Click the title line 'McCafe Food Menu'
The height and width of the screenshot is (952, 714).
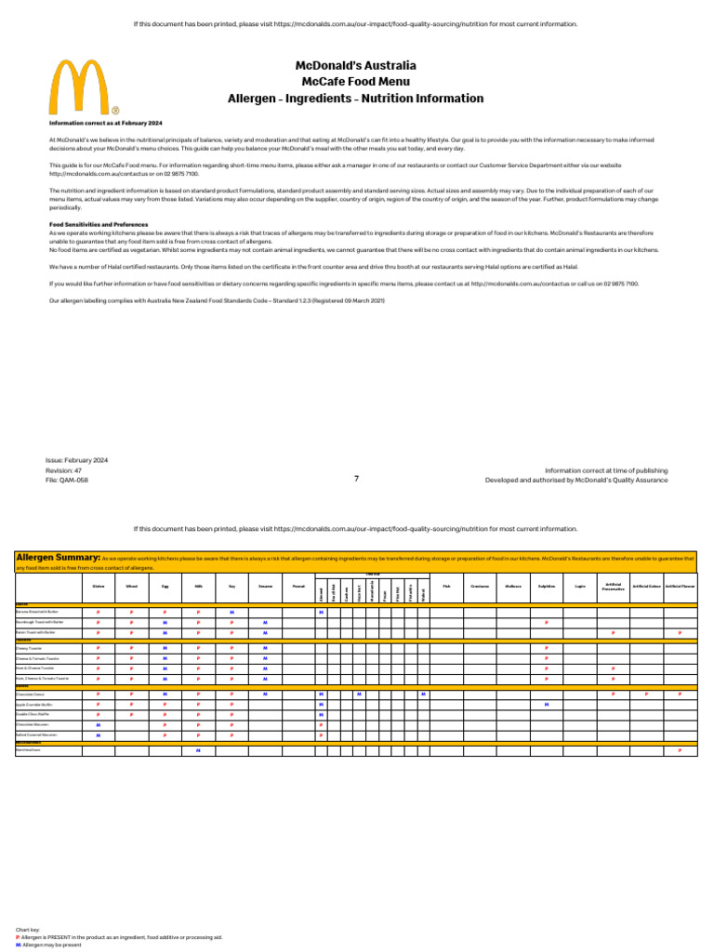(x=355, y=82)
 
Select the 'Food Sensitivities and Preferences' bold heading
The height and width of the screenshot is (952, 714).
(x=99, y=224)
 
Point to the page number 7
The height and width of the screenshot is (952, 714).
(x=356, y=479)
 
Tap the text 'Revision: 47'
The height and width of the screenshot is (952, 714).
(x=64, y=470)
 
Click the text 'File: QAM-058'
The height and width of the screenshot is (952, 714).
(x=67, y=481)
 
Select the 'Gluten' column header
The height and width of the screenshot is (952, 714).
(x=99, y=587)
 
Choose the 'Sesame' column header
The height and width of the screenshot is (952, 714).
(x=265, y=587)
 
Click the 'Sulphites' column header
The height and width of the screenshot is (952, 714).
(x=547, y=587)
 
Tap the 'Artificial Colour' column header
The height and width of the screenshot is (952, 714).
(x=646, y=587)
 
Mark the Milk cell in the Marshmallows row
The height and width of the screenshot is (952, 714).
(x=198, y=750)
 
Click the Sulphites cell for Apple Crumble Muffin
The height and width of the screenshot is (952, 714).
(x=547, y=705)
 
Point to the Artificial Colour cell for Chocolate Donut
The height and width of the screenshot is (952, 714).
(x=646, y=694)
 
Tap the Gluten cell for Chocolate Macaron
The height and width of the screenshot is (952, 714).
(x=99, y=724)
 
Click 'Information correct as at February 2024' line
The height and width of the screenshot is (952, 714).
(x=106, y=123)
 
